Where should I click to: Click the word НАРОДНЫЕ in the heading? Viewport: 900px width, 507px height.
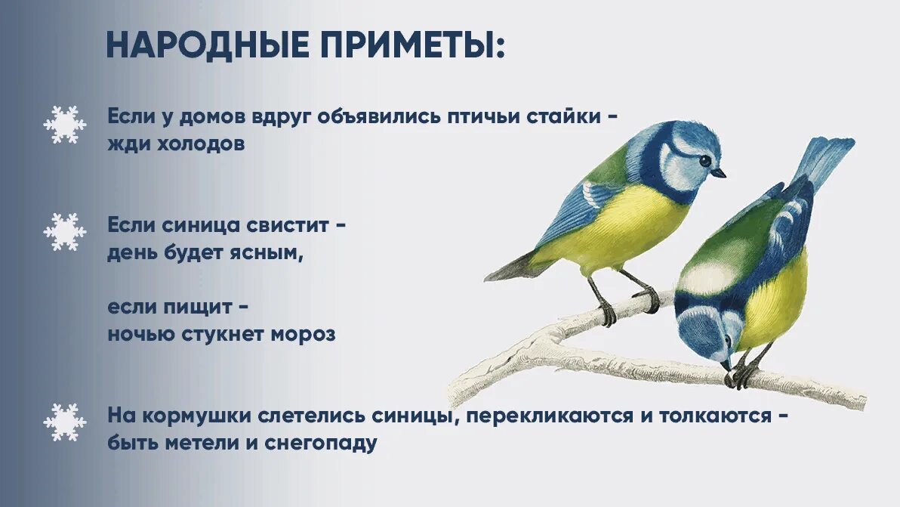208,45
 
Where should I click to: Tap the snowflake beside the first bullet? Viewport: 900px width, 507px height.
64,125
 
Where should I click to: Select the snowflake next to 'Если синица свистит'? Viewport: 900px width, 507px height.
64,232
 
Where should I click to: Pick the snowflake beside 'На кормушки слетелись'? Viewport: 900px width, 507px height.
64,422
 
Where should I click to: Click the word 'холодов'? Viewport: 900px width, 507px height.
202,144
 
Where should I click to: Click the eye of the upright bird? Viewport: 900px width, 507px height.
704,160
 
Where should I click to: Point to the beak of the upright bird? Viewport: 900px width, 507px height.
719,173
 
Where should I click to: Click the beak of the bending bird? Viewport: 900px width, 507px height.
726,365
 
